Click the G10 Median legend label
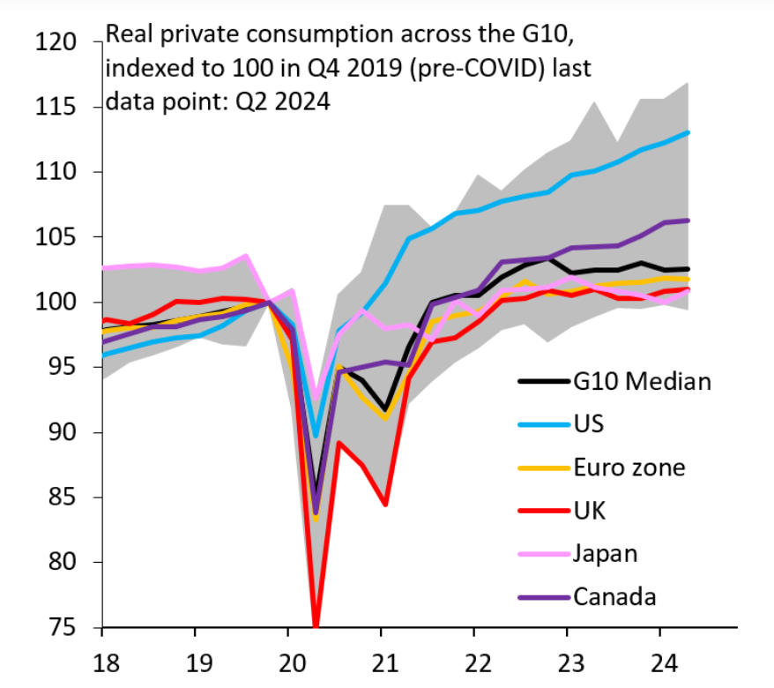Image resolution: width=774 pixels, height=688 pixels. click(642, 382)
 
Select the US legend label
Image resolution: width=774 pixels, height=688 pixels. click(589, 424)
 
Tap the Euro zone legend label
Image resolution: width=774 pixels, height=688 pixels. click(629, 467)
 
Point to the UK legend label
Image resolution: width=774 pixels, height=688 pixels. click(590, 511)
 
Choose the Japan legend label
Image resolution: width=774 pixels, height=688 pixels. click(605, 554)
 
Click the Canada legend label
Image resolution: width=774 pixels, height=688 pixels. click(614, 597)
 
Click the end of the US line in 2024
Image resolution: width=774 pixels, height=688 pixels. click(688, 132)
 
